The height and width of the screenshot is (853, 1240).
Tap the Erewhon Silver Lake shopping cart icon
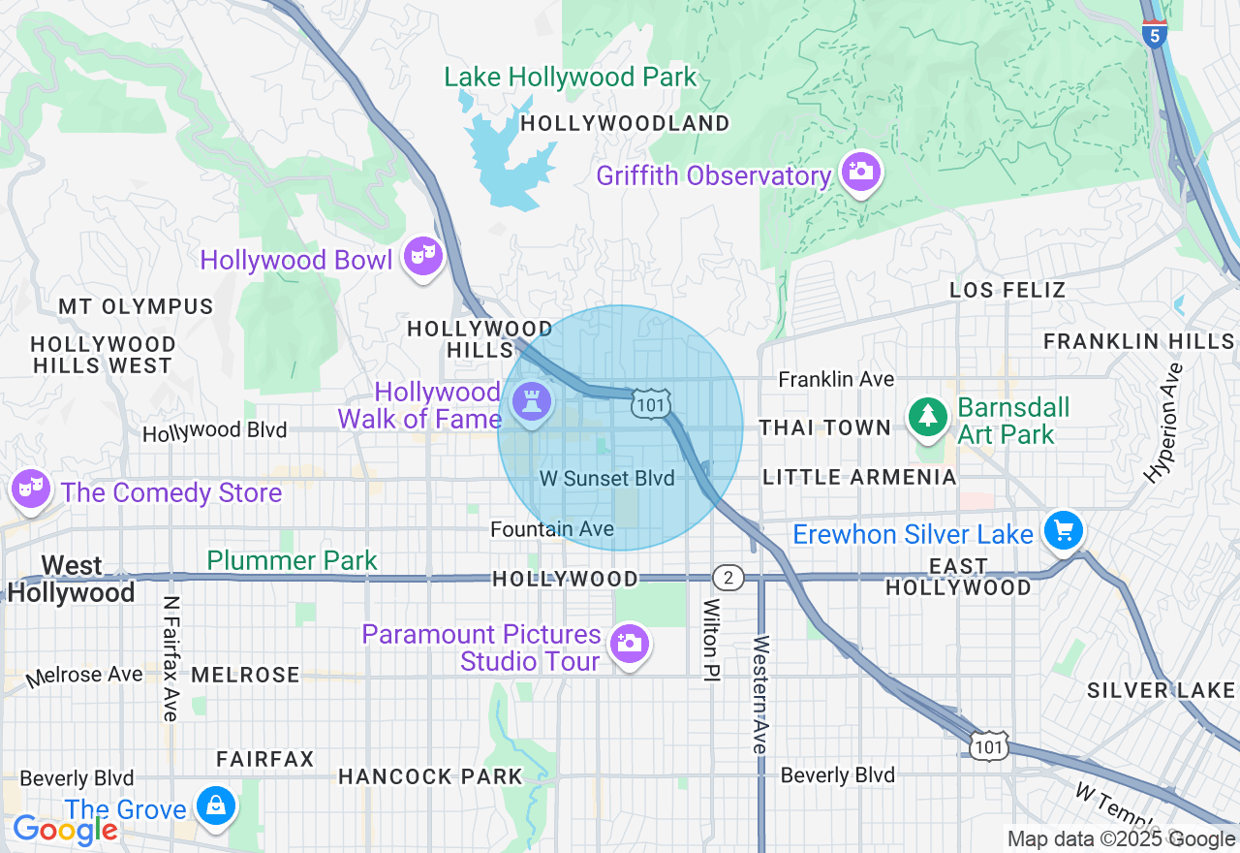pos(1064,531)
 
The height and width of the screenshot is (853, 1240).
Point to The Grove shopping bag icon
pos(215,806)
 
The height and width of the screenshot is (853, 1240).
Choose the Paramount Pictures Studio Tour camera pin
pos(629,644)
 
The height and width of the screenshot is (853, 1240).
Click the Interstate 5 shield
pos(1153,34)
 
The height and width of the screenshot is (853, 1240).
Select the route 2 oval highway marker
pos(728,579)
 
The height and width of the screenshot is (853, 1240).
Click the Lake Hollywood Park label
pos(570,78)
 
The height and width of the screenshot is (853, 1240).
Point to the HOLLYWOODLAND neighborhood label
pos(625,123)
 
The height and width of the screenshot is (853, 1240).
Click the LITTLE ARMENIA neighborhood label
pos(859,477)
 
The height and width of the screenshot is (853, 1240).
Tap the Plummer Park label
pos(292,560)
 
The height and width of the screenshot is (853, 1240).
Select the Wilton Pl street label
pos(711,640)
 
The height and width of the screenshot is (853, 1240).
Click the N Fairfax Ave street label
pos(171,658)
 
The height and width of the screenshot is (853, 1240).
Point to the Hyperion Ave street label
pos(1163,423)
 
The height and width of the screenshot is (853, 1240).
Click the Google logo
pos(65,829)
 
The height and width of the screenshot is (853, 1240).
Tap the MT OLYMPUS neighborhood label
pos(136,306)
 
